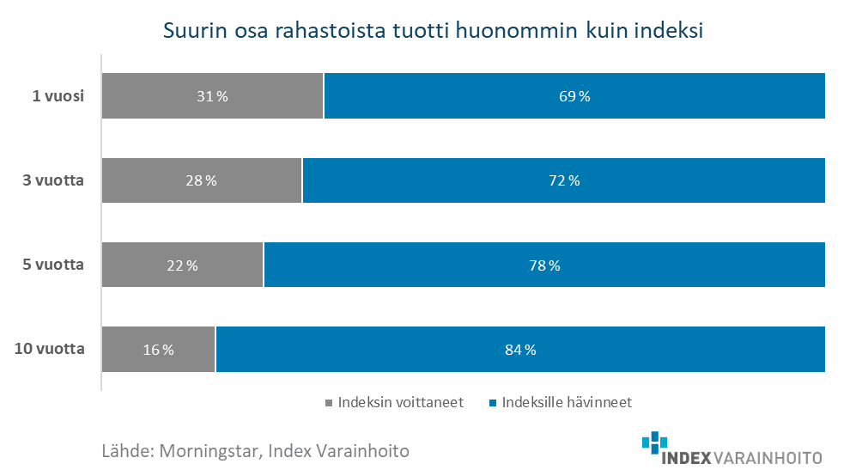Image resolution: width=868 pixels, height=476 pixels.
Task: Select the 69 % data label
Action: [574, 96]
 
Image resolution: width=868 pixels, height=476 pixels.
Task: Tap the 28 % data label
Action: [201, 180]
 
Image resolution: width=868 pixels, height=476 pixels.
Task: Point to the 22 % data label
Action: [182, 265]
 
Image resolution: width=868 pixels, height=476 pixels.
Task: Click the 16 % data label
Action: [158, 350]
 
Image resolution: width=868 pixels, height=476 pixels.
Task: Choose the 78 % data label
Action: [543, 265]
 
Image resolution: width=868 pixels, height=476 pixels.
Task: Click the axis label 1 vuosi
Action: [58, 96]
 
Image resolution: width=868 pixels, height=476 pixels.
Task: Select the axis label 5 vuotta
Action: [52, 265]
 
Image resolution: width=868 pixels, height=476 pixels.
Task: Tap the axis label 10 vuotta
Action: [49, 349]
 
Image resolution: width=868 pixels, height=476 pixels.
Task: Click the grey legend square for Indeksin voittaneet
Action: [330, 402]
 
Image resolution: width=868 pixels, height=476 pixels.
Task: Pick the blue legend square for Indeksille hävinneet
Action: [493, 402]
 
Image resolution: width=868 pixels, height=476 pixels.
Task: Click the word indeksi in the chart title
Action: [669, 32]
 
